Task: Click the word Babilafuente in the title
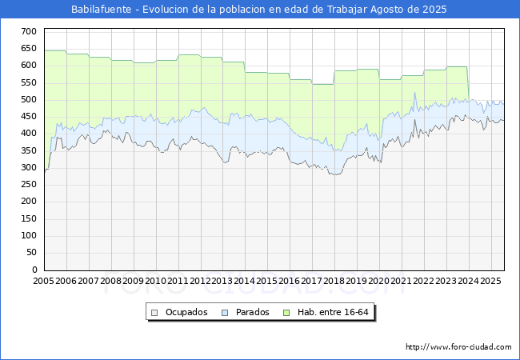[x=101, y=10]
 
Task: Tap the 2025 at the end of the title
[x=434, y=10]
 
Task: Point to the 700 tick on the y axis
[x=29, y=31]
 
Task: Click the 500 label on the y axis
[x=29, y=99]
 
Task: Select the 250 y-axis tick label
[x=29, y=184]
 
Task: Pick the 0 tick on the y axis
[x=34, y=270]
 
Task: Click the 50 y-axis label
[x=31, y=252]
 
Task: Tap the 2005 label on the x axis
[x=43, y=281]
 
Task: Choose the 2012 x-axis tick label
[x=200, y=281]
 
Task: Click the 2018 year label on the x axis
[x=334, y=281]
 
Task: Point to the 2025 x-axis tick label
[x=491, y=281]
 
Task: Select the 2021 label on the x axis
[x=402, y=281]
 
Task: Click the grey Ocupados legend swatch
[x=154, y=313]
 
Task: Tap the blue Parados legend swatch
[x=225, y=313]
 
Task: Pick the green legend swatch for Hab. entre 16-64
[x=286, y=313]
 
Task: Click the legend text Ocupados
[x=186, y=312]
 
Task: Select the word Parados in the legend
[x=252, y=312]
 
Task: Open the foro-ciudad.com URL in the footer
[x=458, y=347]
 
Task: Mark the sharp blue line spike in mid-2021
[x=414, y=93]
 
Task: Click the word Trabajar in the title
[x=347, y=10]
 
